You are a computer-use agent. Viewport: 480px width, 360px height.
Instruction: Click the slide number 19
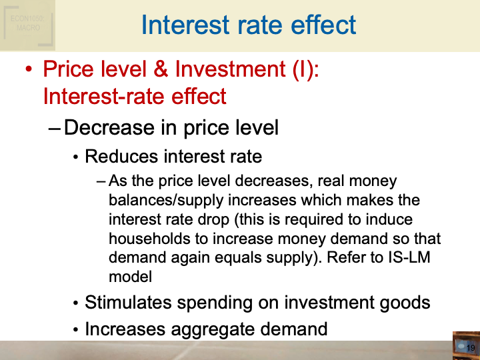470,349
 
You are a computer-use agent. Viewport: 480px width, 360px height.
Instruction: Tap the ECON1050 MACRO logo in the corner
27,24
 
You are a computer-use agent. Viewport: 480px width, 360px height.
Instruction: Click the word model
130,277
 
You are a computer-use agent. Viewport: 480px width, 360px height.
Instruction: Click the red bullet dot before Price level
28,70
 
